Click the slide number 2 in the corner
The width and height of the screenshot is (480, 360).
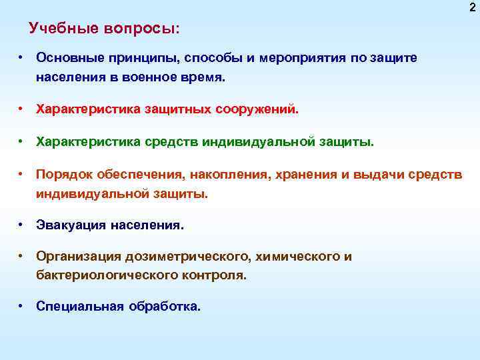coord(473,7)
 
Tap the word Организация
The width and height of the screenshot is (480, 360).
coord(79,257)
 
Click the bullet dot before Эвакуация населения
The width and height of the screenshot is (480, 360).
coord(22,225)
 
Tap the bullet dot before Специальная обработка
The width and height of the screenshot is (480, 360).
coord(22,307)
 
